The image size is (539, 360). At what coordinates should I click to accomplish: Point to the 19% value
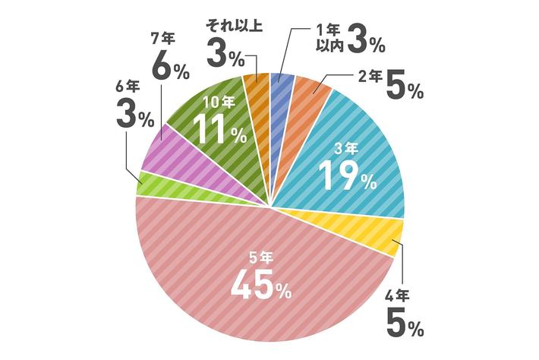(346, 175)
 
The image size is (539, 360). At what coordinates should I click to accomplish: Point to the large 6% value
(171, 68)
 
